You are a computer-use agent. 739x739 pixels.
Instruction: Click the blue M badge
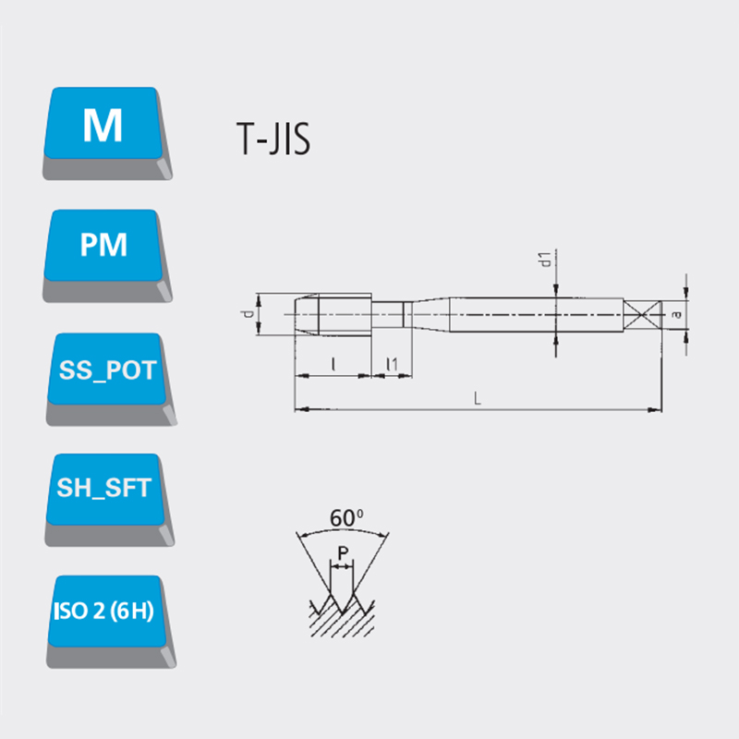point(106,132)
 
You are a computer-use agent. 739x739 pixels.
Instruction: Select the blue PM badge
point(106,255)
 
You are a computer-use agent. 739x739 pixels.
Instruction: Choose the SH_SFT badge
point(108,499)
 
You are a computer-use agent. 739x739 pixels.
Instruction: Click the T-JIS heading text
point(273,139)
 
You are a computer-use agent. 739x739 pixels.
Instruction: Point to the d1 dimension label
point(545,260)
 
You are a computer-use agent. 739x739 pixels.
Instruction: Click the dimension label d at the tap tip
point(247,314)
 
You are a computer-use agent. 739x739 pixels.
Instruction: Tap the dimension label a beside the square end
point(677,314)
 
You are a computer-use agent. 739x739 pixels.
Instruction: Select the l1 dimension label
point(392,364)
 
